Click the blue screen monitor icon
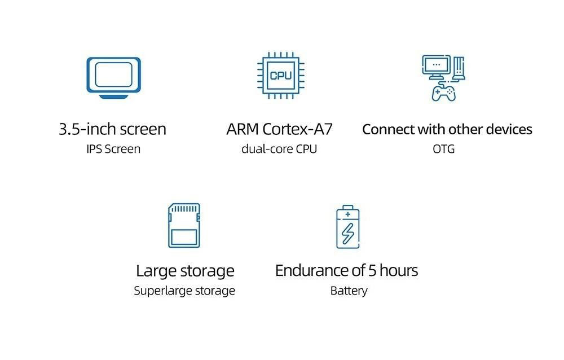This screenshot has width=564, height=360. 113,77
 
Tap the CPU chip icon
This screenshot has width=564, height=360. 280,76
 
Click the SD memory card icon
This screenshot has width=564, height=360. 184,226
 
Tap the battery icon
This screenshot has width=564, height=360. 348,227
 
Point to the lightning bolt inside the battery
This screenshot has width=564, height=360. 349,232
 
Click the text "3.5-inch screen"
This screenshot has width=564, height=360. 112,129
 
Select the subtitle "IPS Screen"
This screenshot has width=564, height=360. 113,149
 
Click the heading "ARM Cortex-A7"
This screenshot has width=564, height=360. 279,129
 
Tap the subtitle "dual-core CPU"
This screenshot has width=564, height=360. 279,149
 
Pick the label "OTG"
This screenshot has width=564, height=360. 443,149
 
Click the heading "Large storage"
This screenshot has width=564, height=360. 184,271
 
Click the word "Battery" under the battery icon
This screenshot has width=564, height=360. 349,291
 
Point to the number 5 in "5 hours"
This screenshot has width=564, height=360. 372,271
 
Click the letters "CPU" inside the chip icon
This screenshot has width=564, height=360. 280,76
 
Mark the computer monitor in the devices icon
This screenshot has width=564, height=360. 435,67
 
